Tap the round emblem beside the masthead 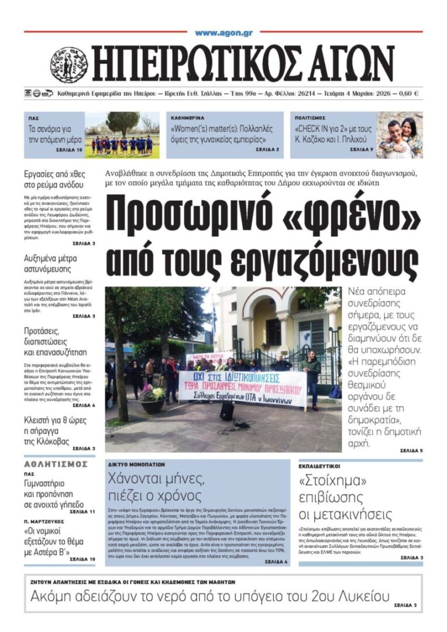(x=68, y=65)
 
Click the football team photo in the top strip (x=122, y=135)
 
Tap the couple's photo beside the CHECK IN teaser (x=399, y=135)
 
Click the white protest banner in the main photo (x=242, y=388)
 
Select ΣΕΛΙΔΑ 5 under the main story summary (x=411, y=451)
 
